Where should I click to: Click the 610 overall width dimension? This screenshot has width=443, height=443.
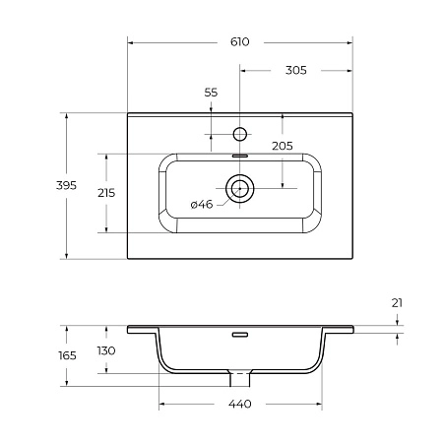[x=240, y=41]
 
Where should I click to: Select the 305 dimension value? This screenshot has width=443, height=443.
[x=295, y=70]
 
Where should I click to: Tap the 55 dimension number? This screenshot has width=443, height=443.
[x=211, y=92]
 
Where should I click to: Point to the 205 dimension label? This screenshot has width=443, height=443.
[x=283, y=145]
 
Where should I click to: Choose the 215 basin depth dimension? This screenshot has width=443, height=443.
[x=105, y=193]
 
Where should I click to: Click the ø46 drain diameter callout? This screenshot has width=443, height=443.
[x=201, y=205]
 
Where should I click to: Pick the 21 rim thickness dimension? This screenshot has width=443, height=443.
[x=397, y=302]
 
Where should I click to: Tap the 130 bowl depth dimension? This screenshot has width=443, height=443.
[x=105, y=350]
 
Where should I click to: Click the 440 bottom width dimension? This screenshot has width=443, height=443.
[x=240, y=405]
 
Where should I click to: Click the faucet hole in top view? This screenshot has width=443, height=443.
[x=240, y=132]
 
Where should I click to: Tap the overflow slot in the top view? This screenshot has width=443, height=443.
[x=240, y=155]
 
